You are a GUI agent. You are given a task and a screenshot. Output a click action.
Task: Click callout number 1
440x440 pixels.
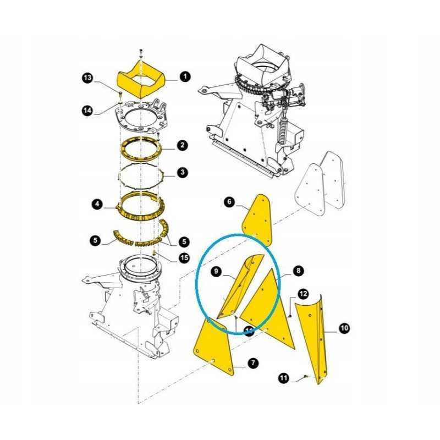coord(185,77)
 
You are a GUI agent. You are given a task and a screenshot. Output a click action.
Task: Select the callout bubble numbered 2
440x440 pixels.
coord(182,146)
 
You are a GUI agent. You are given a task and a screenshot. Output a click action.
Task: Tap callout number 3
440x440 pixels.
coord(182,173)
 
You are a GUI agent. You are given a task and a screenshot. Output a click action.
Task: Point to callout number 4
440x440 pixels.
coord(97,205)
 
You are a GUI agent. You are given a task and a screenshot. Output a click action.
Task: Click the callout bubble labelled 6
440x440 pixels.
coord(229,202)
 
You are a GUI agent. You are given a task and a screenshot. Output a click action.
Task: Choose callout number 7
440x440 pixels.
coord(252,364)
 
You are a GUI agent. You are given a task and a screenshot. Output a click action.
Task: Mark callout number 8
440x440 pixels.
coord(298,271)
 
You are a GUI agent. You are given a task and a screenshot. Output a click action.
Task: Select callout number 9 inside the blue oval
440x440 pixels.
coord(216,271)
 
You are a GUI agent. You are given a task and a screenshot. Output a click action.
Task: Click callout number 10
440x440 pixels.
coord(344,328)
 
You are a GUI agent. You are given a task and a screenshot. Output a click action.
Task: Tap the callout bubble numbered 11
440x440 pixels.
coord(283,378)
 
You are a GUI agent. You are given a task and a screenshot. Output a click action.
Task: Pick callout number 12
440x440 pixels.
coord(304,294)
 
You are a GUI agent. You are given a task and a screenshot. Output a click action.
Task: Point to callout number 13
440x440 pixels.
coord(88,79)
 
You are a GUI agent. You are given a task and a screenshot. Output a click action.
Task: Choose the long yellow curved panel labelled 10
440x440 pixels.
coord(315,335)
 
